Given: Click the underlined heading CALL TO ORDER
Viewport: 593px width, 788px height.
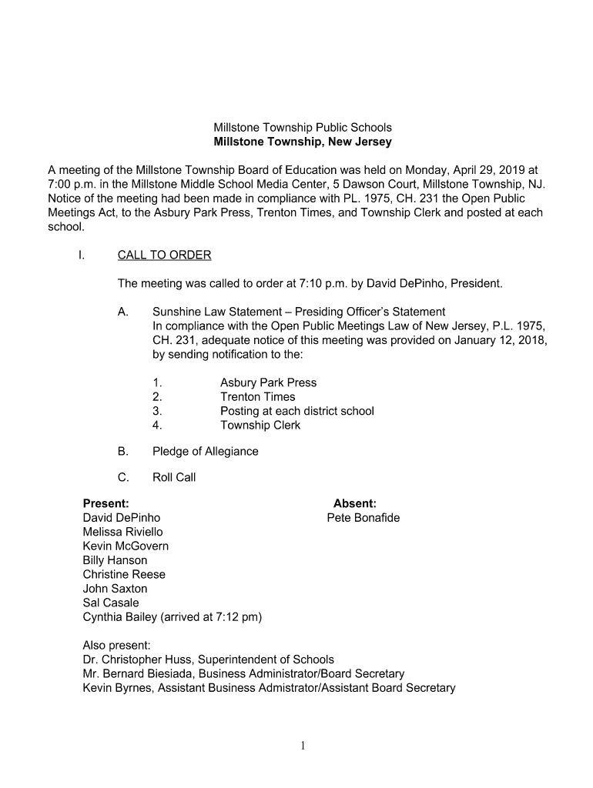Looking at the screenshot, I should [164, 255].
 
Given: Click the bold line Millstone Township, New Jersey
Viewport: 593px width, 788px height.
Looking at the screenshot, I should [302, 142].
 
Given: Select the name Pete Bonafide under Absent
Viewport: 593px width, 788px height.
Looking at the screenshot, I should [363, 518].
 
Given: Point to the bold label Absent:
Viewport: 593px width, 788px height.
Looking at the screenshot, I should [354, 504].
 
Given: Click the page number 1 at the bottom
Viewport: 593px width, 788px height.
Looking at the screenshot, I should [303, 744].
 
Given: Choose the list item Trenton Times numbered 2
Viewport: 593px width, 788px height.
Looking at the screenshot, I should [257, 397].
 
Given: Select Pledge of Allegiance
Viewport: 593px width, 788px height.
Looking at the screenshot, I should [205, 452].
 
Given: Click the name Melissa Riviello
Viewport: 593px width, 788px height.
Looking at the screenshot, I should [122, 532].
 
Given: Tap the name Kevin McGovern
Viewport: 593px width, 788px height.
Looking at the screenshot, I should [126, 546].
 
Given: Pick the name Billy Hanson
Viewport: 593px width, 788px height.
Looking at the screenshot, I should [115, 560].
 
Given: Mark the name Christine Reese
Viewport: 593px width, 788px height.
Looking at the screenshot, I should [124, 574].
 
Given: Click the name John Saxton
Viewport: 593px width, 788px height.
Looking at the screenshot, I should [115, 589].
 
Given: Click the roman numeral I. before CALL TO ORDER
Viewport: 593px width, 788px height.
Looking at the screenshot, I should [81, 255].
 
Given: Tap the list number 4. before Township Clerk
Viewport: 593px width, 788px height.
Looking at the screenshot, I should [157, 426].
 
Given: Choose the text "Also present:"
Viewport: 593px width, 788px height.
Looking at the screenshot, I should [116, 646].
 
